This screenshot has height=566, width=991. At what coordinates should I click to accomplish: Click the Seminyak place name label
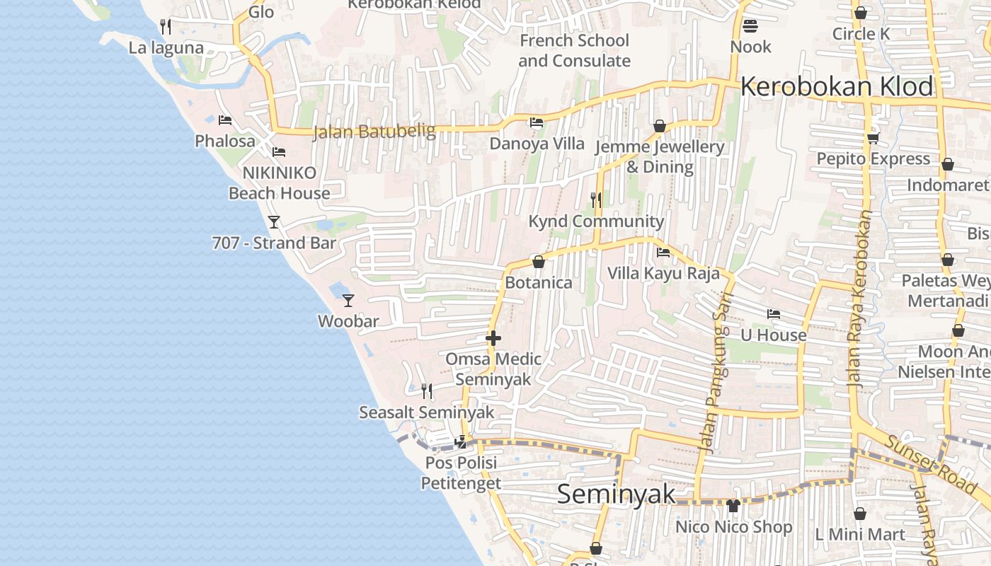tap(616, 494)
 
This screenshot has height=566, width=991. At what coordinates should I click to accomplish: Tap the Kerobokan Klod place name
tap(837, 86)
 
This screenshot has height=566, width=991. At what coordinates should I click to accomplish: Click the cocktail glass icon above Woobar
tap(348, 300)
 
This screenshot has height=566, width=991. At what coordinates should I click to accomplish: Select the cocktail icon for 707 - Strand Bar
tap(274, 221)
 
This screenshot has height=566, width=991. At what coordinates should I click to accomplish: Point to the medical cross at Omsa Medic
tap(493, 338)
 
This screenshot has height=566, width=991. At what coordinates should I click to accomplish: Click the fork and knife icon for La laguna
tap(166, 27)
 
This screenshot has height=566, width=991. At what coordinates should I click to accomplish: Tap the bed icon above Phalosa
tap(225, 120)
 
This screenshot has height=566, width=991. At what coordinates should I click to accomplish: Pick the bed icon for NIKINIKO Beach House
tap(279, 152)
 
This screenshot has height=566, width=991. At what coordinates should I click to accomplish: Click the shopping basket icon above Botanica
tap(538, 262)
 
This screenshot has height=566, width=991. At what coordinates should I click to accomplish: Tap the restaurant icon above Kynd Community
tap(596, 200)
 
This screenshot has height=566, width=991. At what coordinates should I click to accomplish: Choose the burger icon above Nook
tap(750, 26)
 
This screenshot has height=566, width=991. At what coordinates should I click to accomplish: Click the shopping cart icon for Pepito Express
tap(873, 138)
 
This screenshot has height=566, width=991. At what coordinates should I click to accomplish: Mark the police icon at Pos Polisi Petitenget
tap(461, 442)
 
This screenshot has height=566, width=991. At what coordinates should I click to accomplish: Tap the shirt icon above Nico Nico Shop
tap(733, 506)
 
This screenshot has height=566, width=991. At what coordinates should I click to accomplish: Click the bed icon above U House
tap(773, 314)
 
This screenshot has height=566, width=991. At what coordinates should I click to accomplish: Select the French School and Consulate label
tap(574, 50)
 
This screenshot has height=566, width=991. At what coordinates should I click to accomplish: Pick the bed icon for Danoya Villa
tap(537, 122)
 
